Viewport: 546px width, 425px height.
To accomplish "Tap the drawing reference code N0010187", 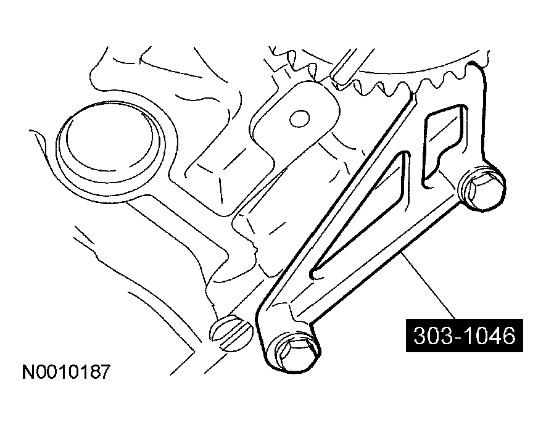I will click(x=66, y=373).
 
